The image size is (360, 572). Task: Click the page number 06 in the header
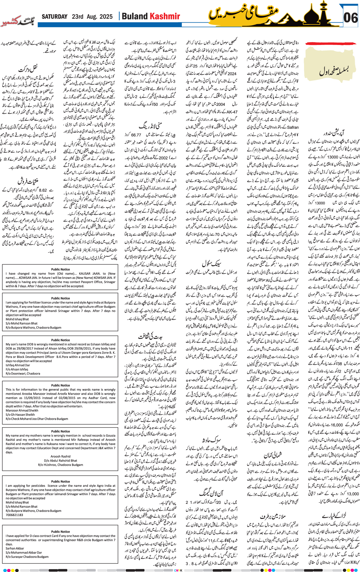point(350,18)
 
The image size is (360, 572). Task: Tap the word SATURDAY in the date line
point(54,17)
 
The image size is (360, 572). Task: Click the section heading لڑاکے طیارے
point(334,515)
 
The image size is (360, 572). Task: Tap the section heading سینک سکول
point(212,263)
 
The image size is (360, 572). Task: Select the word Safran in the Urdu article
point(292,127)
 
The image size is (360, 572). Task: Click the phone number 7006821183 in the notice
point(14,515)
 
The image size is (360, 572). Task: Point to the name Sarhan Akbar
point(15,549)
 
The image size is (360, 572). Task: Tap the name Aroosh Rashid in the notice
point(60,456)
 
